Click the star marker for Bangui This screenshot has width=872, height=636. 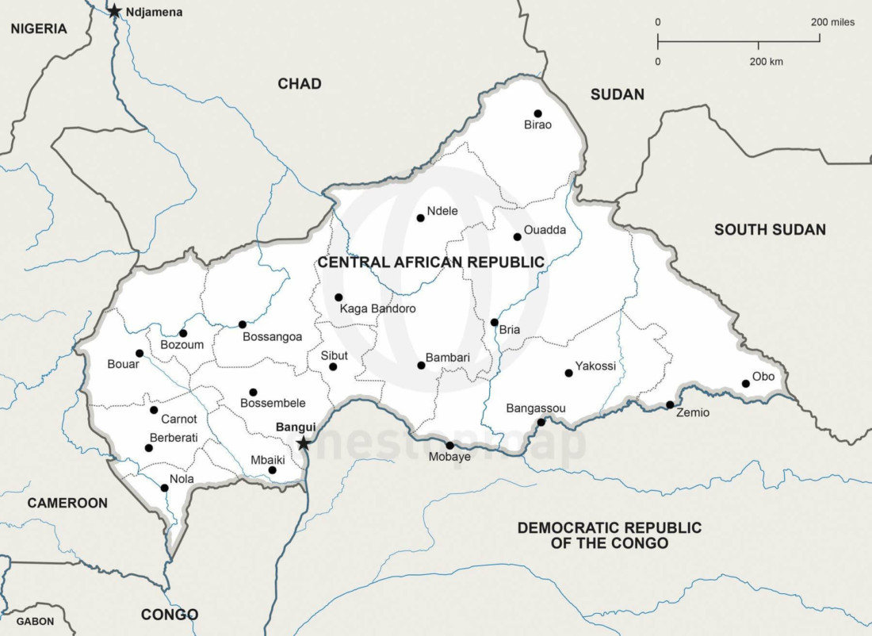click(303, 443)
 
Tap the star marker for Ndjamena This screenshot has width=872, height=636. click(115, 11)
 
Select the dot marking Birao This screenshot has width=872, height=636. click(537, 113)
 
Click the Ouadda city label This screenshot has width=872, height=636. click(545, 230)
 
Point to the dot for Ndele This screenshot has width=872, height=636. click(420, 218)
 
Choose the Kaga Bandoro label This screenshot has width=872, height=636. click(377, 308)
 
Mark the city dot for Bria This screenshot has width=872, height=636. click(494, 322)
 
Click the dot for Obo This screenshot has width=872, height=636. click(745, 384)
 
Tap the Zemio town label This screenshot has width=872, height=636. click(693, 413)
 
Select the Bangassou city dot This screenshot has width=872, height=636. click(541, 422)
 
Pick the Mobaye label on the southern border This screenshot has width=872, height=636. click(449, 458)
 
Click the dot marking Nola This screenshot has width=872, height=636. click(164, 488)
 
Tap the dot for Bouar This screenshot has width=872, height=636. click(140, 354)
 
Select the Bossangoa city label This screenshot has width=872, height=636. click(272, 337)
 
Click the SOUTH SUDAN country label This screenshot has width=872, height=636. click(769, 229)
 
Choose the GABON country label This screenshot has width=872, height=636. click(36, 621)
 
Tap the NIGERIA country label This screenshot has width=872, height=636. click(39, 29)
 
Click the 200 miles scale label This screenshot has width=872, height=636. click(832, 22)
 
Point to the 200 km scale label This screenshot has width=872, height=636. click(766, 61)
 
